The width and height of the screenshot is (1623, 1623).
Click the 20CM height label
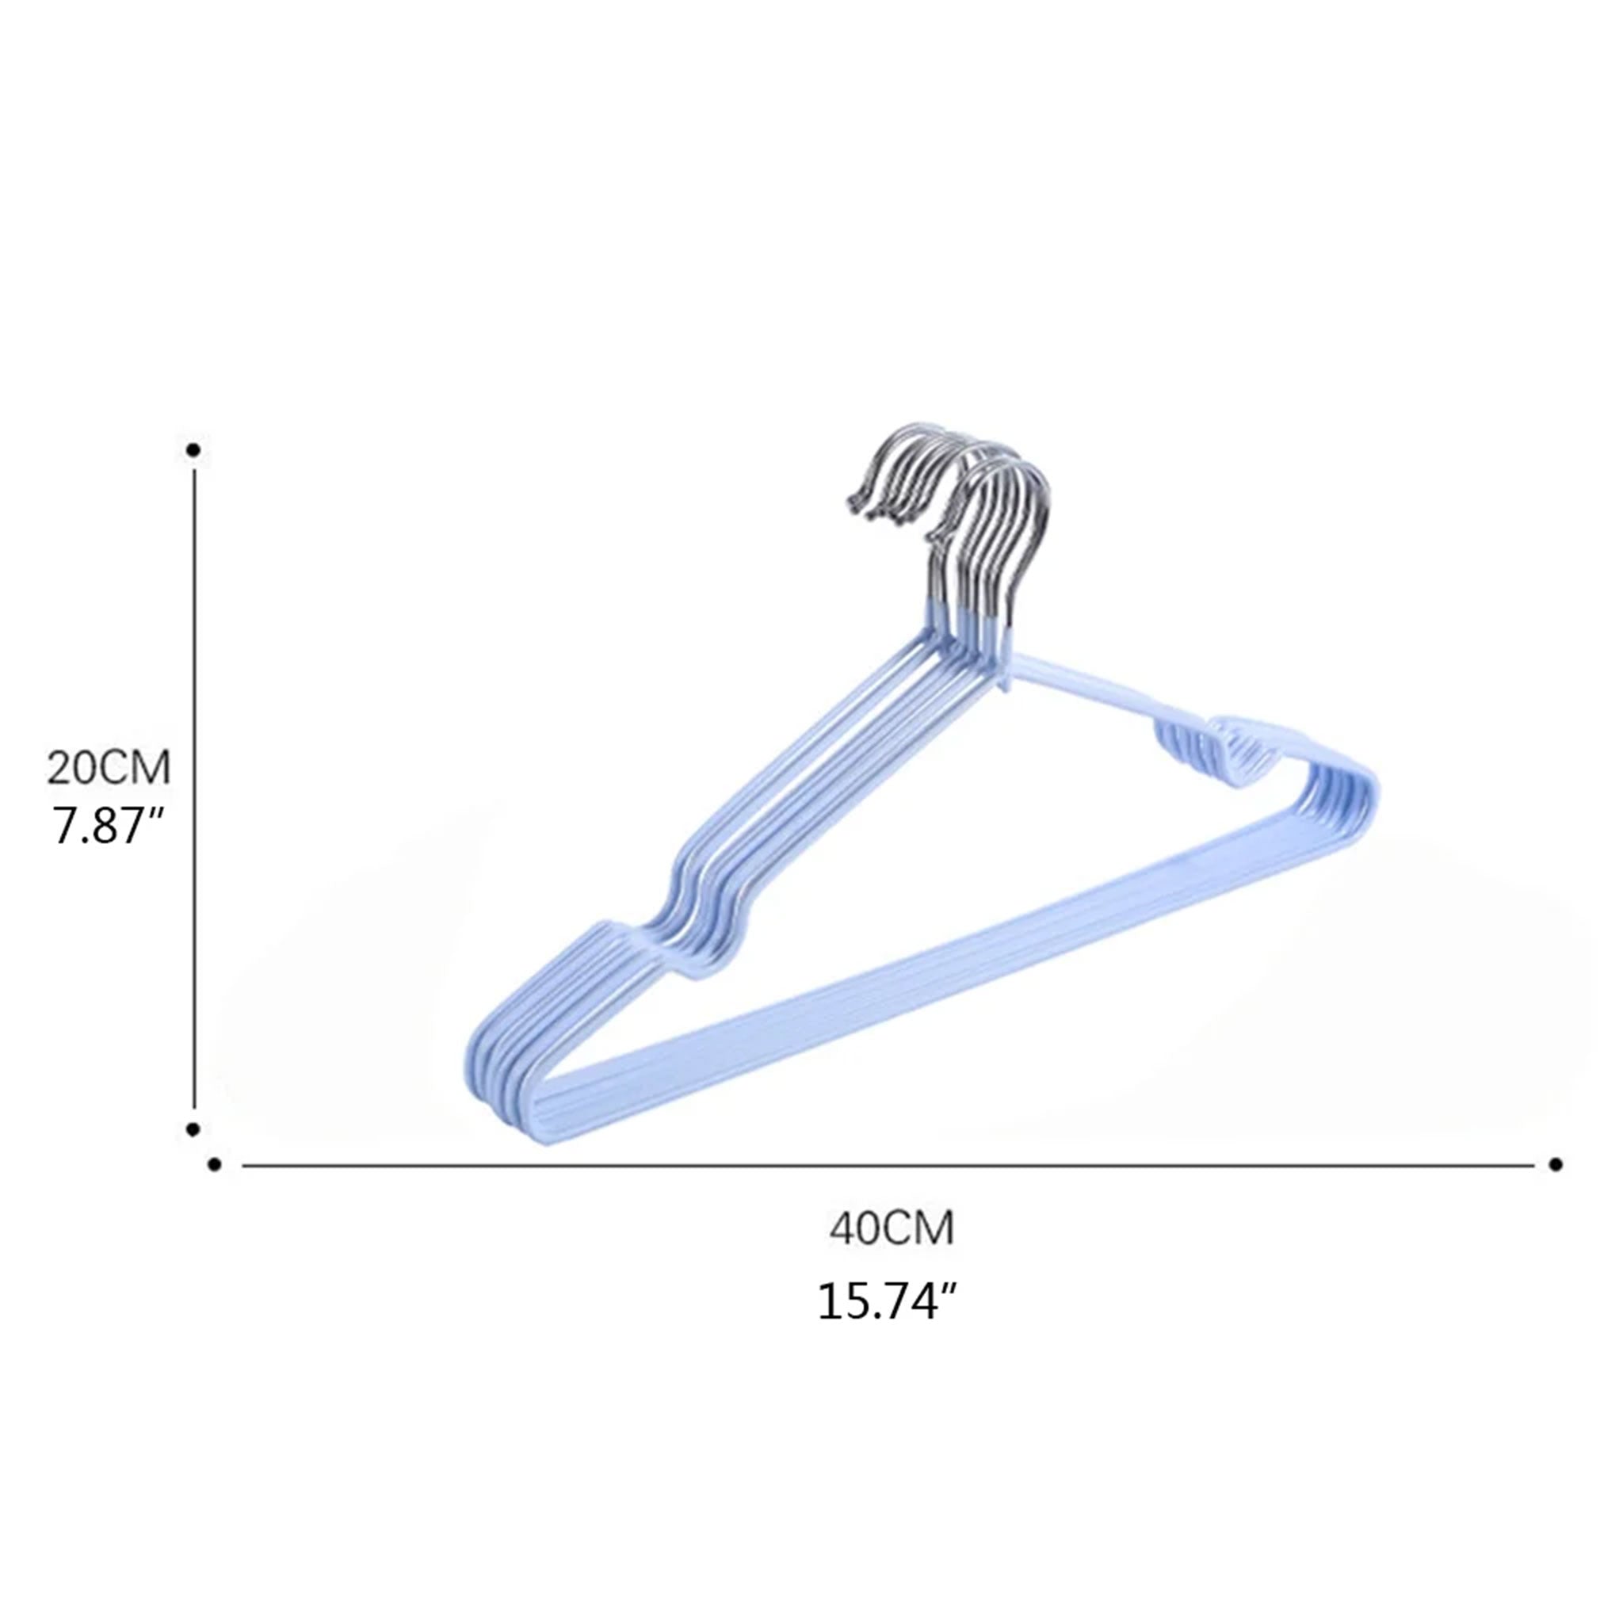[109, 767]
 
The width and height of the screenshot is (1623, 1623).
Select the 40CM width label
[892, 1229]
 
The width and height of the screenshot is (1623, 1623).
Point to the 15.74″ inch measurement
[888, 1301]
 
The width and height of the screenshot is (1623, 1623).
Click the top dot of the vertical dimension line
[193, 450]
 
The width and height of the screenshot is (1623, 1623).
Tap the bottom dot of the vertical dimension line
[193, 1129]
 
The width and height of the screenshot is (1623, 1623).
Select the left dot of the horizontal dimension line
[214, 1164]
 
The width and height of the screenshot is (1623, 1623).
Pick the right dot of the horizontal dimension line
[1555, 1164]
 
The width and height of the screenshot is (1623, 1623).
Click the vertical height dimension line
[194, 789]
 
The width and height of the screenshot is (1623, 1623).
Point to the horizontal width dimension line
[888, 1165]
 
